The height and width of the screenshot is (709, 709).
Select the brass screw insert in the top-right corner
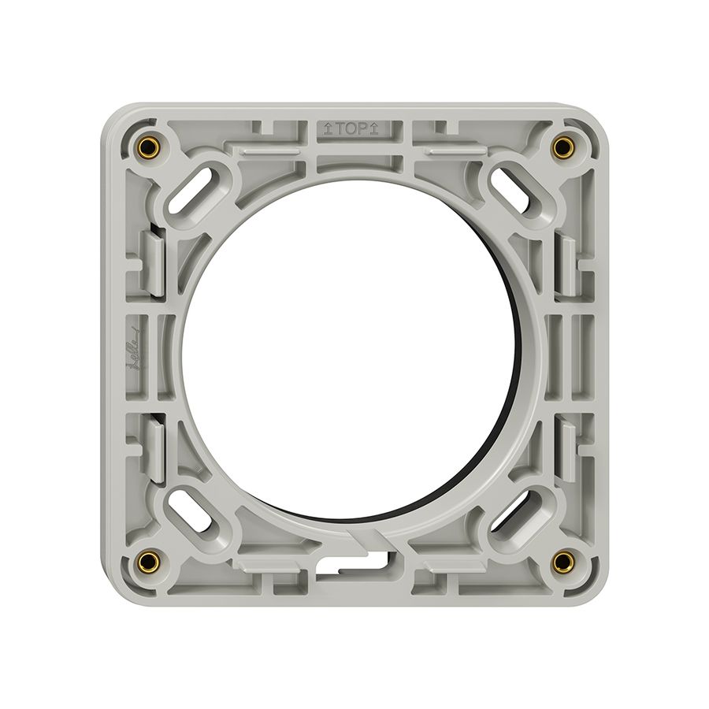pyautogui.click(x=562, y=147)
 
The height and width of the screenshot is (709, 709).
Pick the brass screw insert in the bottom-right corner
pyautogui.click(x=562, y=561)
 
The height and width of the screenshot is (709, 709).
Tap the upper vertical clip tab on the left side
pyautogui.click(x=155, y=259)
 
